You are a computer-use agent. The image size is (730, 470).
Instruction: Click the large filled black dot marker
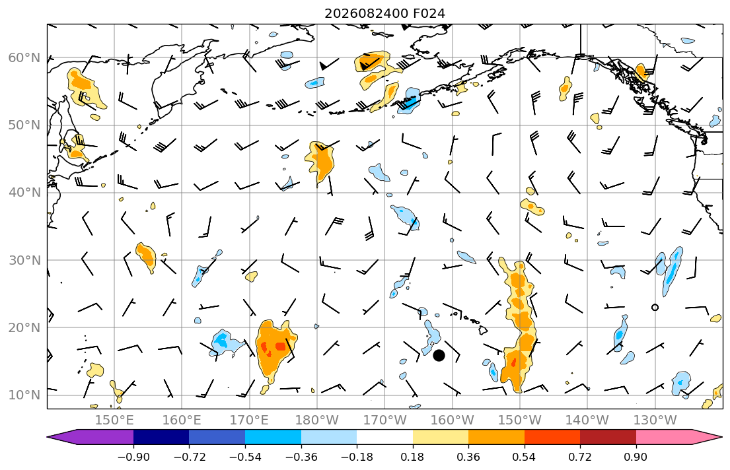pyautogui.click(x=439, y=356)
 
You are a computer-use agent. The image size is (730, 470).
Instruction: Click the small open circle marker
pyautogui.click(x=655, y=307)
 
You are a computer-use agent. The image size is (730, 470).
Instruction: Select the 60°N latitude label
pyautogui.click(x=24, y=57)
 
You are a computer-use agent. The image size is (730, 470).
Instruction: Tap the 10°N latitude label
pyautogui.click(x=24, y=395)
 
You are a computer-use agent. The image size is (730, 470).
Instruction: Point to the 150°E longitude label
pyautogui.click(x=114, y=420)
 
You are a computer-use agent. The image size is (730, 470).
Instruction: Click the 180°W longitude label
pyautogui.click(x=318, y=420)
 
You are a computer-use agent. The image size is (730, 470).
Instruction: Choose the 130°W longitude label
pyautogui.click(x=655, y=420)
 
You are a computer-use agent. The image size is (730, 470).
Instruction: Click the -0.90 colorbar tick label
pyautogui.click(x=133, y=457)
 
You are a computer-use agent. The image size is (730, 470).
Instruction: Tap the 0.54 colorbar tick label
pyautogui.click(x=525, y=457)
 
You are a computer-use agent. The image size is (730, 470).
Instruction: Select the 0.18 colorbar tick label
pyautogui.click(x=412, y=457)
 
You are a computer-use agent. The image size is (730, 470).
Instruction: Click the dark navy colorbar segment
pyautogui.click(x=161, y=437)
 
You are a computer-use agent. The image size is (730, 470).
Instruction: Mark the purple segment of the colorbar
pyautogui.click(x=93, y=437)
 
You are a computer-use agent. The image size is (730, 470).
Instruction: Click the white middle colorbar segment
pyautogui.click(x=384, y=437)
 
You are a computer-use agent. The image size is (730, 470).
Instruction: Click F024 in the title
pyautogui.click(x=429, y=13)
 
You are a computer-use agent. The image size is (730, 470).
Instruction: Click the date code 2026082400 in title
pyautogui.click(x=366, y=13)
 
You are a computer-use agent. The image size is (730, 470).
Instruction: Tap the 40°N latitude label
pyautogui.click(x=24, y=193)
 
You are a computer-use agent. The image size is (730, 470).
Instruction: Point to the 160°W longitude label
pyautogui.click(x=453, y=420)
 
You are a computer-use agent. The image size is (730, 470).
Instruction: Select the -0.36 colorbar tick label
pyautogui.click(x=301, y=457)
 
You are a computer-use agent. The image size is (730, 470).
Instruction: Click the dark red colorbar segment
pyautogui.click(x=608, y=437)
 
